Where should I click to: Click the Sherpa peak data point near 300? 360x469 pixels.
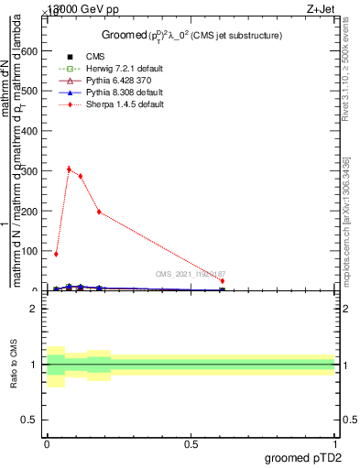point(69,169)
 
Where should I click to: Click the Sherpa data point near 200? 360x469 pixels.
point(99,213)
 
